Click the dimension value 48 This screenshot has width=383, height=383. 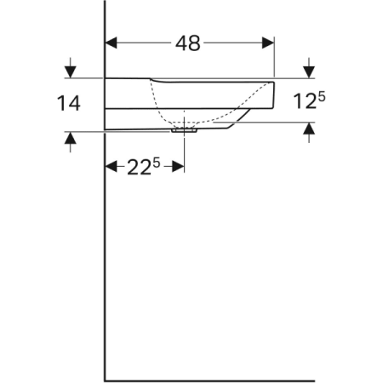pyautogui.click(x=188, y=43)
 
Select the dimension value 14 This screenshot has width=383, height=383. pyautogui.click(x=69, y=103)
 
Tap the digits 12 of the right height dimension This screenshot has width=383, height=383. pyautogui.click(x=305, y=103)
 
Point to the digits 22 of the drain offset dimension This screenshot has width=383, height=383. pyautogui.click(x=138, y=168)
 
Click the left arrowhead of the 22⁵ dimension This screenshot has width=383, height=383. pyautogui.click(x=110, y=167)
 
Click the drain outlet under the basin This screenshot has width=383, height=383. pyautogui.click(x=184, y=131)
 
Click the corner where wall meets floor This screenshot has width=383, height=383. pyautogui.click(x=104, y=380)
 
